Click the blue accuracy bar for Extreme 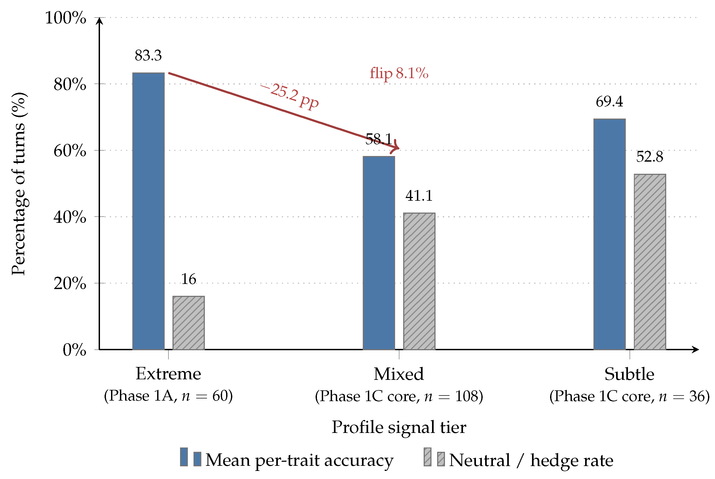[148, 211]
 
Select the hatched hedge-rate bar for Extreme [189, 323]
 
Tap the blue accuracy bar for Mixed [379, 253]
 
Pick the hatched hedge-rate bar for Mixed [419, 281]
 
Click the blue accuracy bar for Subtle [610, 234]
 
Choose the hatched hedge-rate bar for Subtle [650, 262]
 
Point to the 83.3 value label [148, 55]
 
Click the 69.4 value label [609, 102]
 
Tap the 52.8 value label [650, 157]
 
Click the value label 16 [189, 279]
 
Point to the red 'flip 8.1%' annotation [399, 73]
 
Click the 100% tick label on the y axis [66, 18]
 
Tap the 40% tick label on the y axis [70, 217]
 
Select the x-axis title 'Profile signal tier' [399, 427]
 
